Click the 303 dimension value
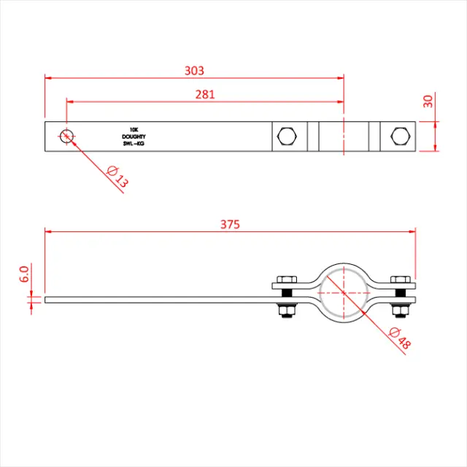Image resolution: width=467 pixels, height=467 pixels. pyautogui.click(x=194, y=70)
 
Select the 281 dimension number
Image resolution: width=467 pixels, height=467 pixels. pyautogui.click(x=205, y=94)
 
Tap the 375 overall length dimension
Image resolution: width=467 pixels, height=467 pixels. pyautogui.click(x=230, y=224)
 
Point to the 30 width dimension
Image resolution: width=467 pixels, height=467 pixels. pyautogui.click(x=428, y=101)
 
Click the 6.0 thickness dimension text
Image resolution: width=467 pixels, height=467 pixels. pyautogui.click(x=23, y=274)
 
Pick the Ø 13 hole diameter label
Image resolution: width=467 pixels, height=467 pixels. pyautogui.click(x=116, y=177)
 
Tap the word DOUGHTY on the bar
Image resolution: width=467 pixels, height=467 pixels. pyautogui.click(x=134, y=136)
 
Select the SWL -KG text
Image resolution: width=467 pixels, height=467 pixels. pyautogui.click(x=134, y=144)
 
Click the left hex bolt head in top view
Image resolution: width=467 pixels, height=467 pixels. pyautogui.click(x=287, y=136)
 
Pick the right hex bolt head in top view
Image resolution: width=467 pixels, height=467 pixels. pyautogui.click(x=399, y=136)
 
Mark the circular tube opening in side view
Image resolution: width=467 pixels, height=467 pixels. pyautogui.click(x=343, y=292)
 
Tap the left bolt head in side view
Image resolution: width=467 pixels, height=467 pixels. pyautogui.click(x=286, y=279)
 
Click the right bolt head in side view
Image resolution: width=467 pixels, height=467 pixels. pyautogui.click(x=399, y=279)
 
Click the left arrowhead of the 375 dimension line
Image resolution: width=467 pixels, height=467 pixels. pyautogui.click(x=49, y=231)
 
